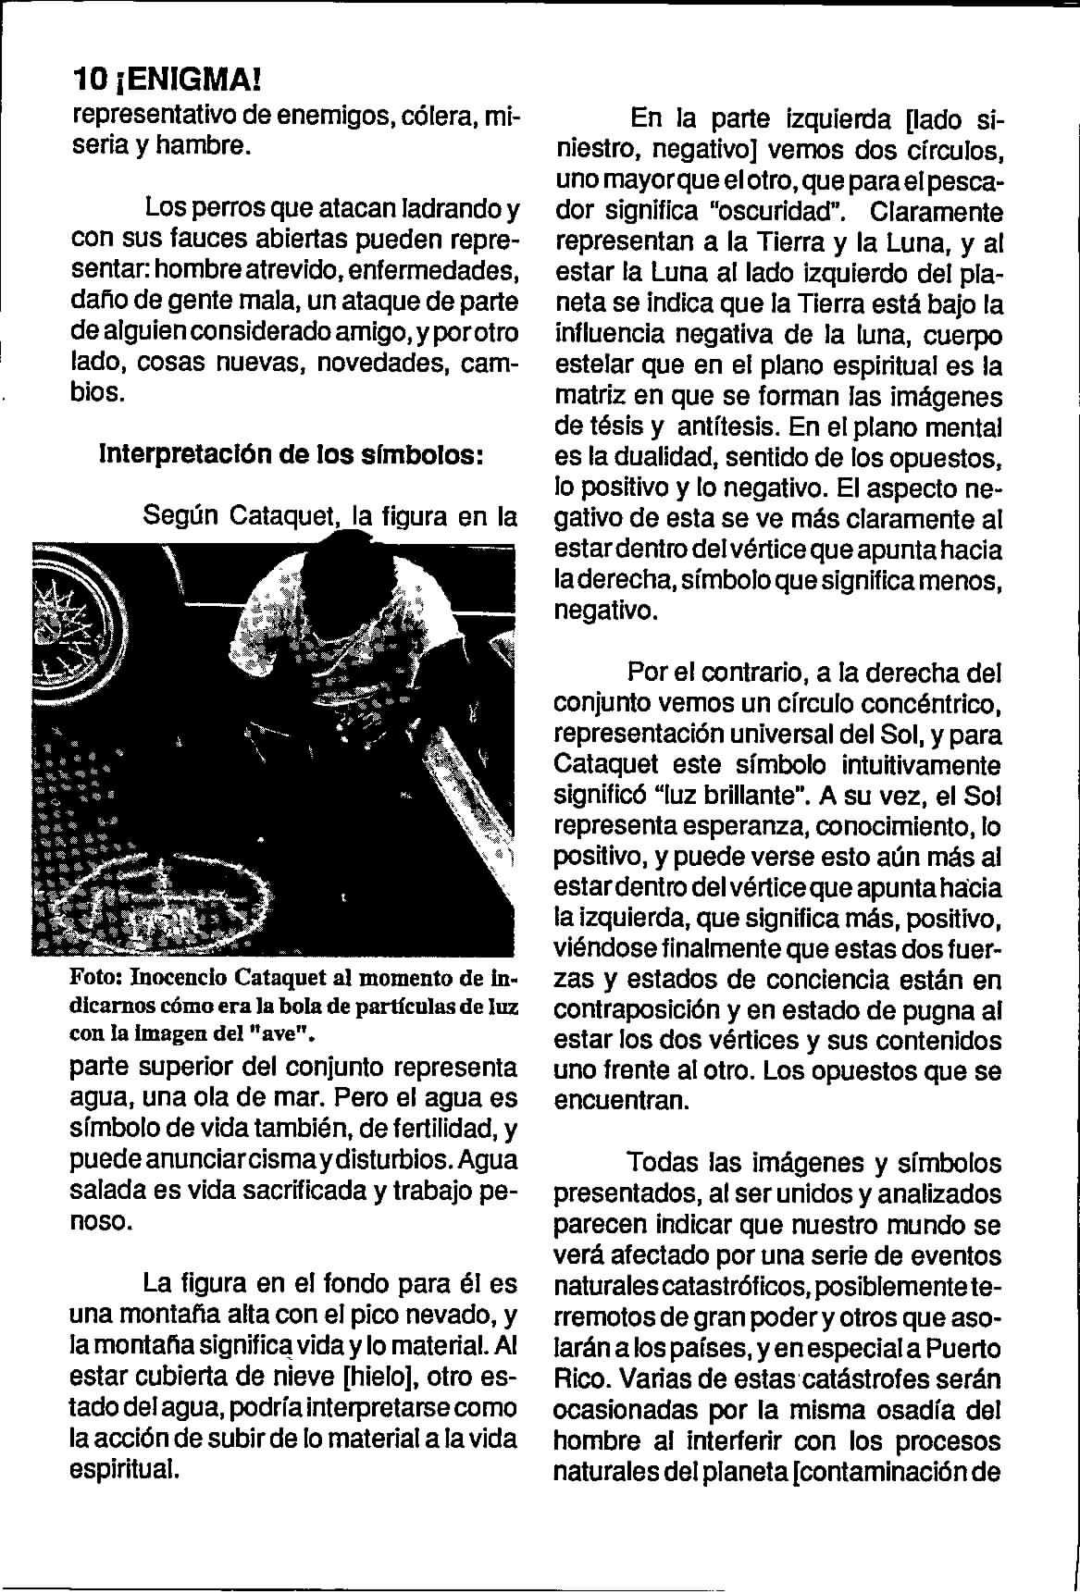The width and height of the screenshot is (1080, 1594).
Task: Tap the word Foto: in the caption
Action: point(96,979)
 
